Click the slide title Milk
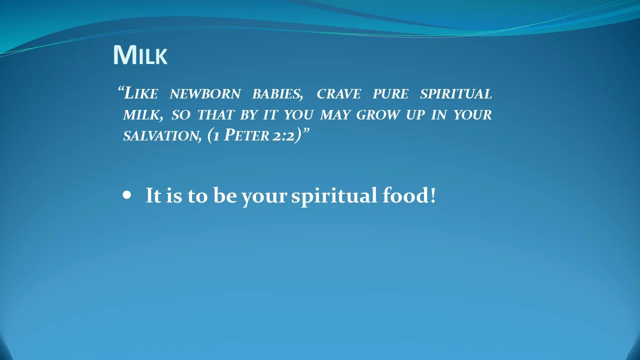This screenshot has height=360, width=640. [x=140, y=55]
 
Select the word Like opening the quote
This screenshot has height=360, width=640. [x=140, y=93]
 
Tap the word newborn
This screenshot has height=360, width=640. [x=205, y=94]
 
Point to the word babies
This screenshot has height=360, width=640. [x=277, y=94]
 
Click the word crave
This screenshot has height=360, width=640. [x=338, y=94]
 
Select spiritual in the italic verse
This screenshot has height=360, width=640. [x=455, y=94]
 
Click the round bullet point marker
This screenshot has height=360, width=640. [x=126, y=195]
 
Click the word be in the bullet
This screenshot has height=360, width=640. [x=225, y=195]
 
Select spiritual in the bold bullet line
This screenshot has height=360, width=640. [x=334, y=195]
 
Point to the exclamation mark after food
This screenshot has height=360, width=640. [x=432, y=195]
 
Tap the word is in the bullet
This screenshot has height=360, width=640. [x=174, y=195]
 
